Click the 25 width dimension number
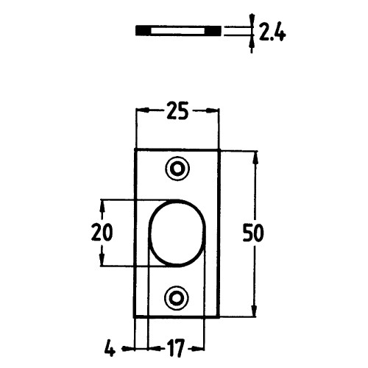(x=177, y=113)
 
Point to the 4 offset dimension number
(x=109, y=345)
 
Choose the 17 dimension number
(x=174, y=345)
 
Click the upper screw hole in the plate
(x=177, y=169)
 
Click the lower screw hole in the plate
(x=177, y=297)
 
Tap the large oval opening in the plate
(x=177, y=233)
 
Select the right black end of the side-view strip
(x=212, y=30)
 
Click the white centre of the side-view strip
(x=177, y=30)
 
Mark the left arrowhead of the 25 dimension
(x=141, y=111)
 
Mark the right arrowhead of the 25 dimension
(x=215, y=111)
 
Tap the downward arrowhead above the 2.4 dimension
(x=251, y=21)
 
